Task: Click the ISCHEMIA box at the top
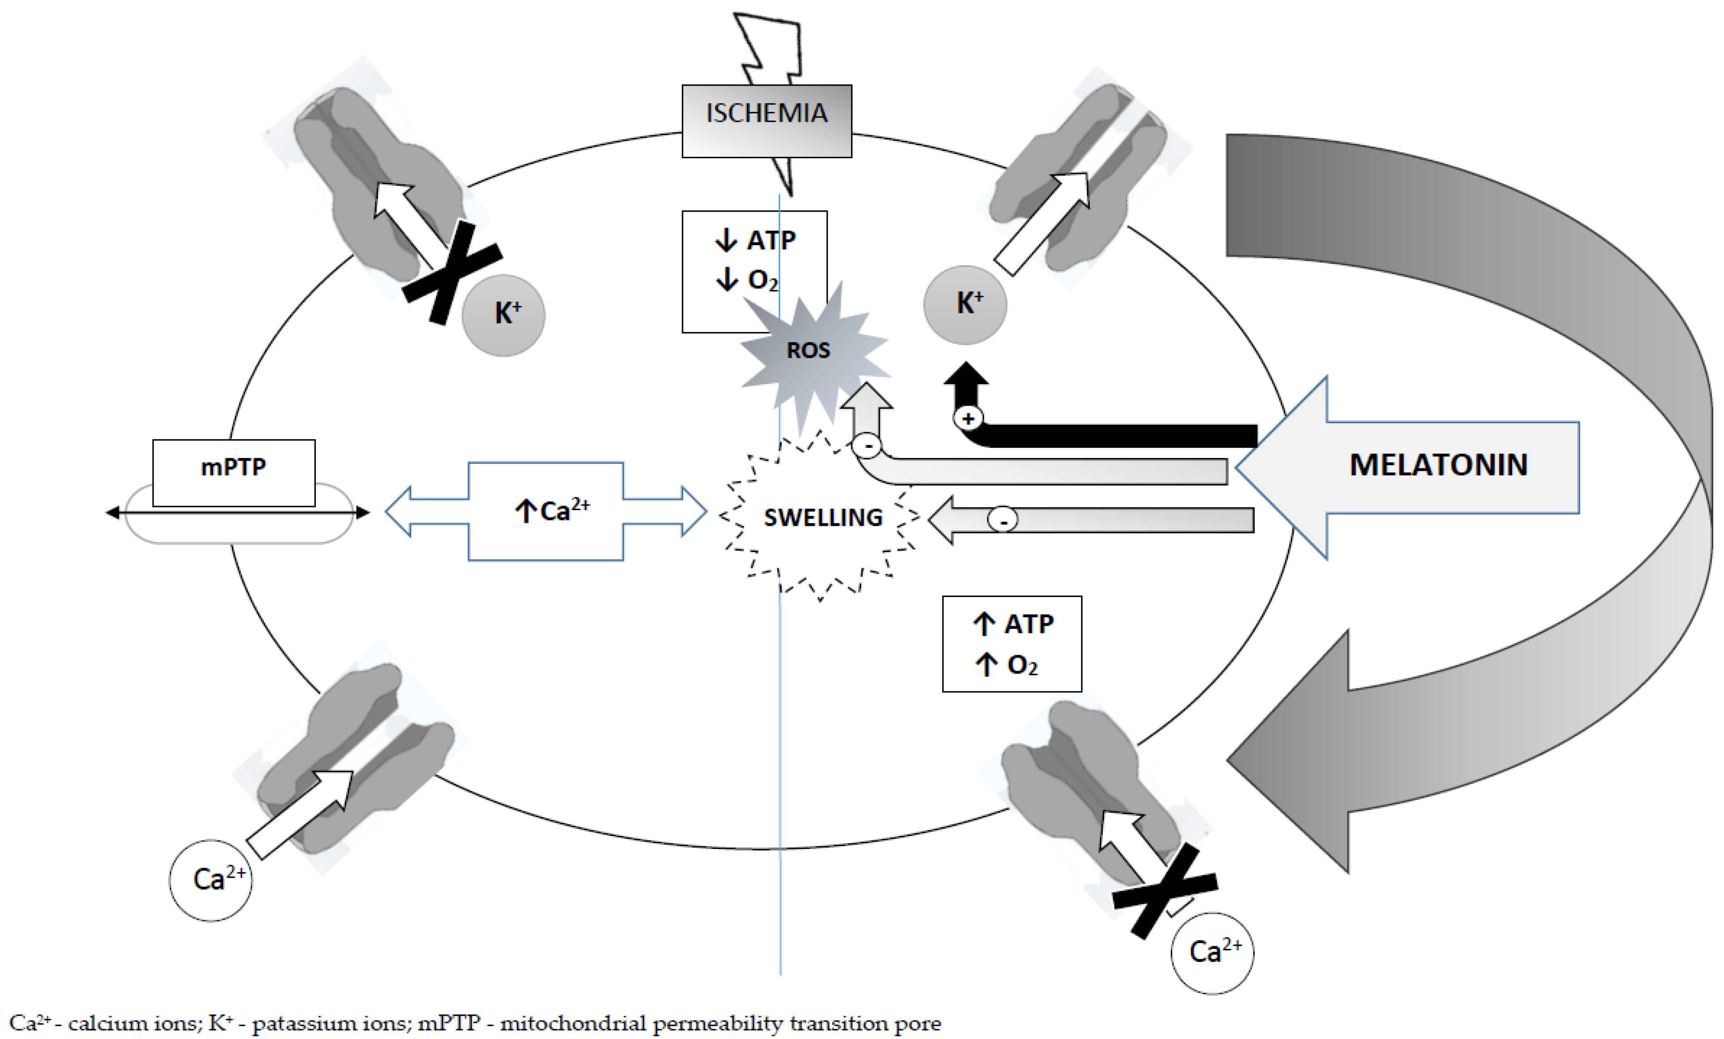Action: click(x=767, y=121)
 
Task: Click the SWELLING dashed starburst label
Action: click(x=823, y=517)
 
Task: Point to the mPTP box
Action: click(x=234, y=472)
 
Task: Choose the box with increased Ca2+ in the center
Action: click(x=546, y=511)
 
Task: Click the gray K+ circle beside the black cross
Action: click(x=504, y=315)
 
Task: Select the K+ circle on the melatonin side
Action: click(x=966, y=304)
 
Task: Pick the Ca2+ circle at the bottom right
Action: click(x=1212, y=953)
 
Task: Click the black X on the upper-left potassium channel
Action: click(x=452, y=273)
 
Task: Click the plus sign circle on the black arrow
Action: click(x=968, y=419)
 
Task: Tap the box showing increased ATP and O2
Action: click(x=1012, y=644)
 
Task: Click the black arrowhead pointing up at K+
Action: click(x=966, y=374)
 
